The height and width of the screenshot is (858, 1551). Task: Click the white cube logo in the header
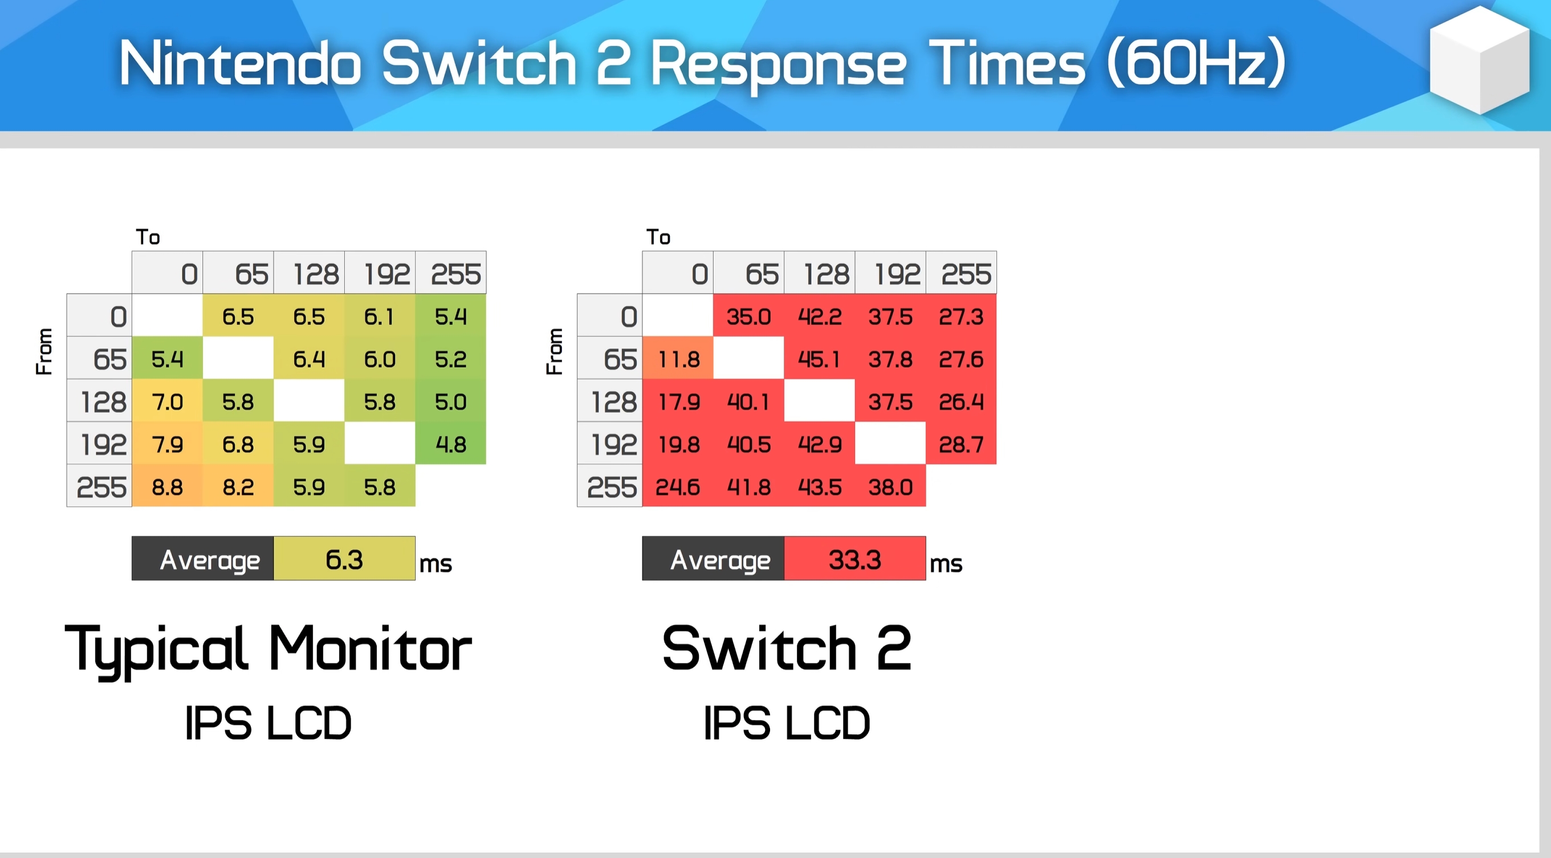pyautogui.click(x=1479, y=60)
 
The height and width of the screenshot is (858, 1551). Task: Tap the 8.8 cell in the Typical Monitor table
pyautogui.click(x=168, y=486)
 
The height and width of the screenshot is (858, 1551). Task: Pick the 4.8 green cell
pyautogui.click(x=451, y=444)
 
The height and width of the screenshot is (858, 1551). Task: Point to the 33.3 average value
pyautogui.click(x=855, y=559)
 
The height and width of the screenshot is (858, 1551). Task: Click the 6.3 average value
pyautogui.click(x=344, y=559)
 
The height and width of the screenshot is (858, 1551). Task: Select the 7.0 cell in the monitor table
pyautogui.click(x=168, y=401)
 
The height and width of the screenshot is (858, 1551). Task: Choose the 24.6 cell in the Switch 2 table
pyautogui.click(x=678, y=486)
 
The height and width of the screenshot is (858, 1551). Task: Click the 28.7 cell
pyautogui.click(x=962, y=444)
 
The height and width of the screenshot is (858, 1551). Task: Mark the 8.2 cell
pyautogui.click(x=238, y=486)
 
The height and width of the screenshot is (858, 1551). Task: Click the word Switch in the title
pyautogui.click(x=479, y=63)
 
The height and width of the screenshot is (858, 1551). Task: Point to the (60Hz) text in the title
pyautogui.click(x=1196, y=62)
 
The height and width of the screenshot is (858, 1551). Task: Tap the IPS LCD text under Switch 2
pyautogui.click(x=787, y=722)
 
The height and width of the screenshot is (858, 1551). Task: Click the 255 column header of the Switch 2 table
pyautogui.click(x=962, y=273)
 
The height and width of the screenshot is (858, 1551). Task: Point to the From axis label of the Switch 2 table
pyautogui.click(x=554, y=352)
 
